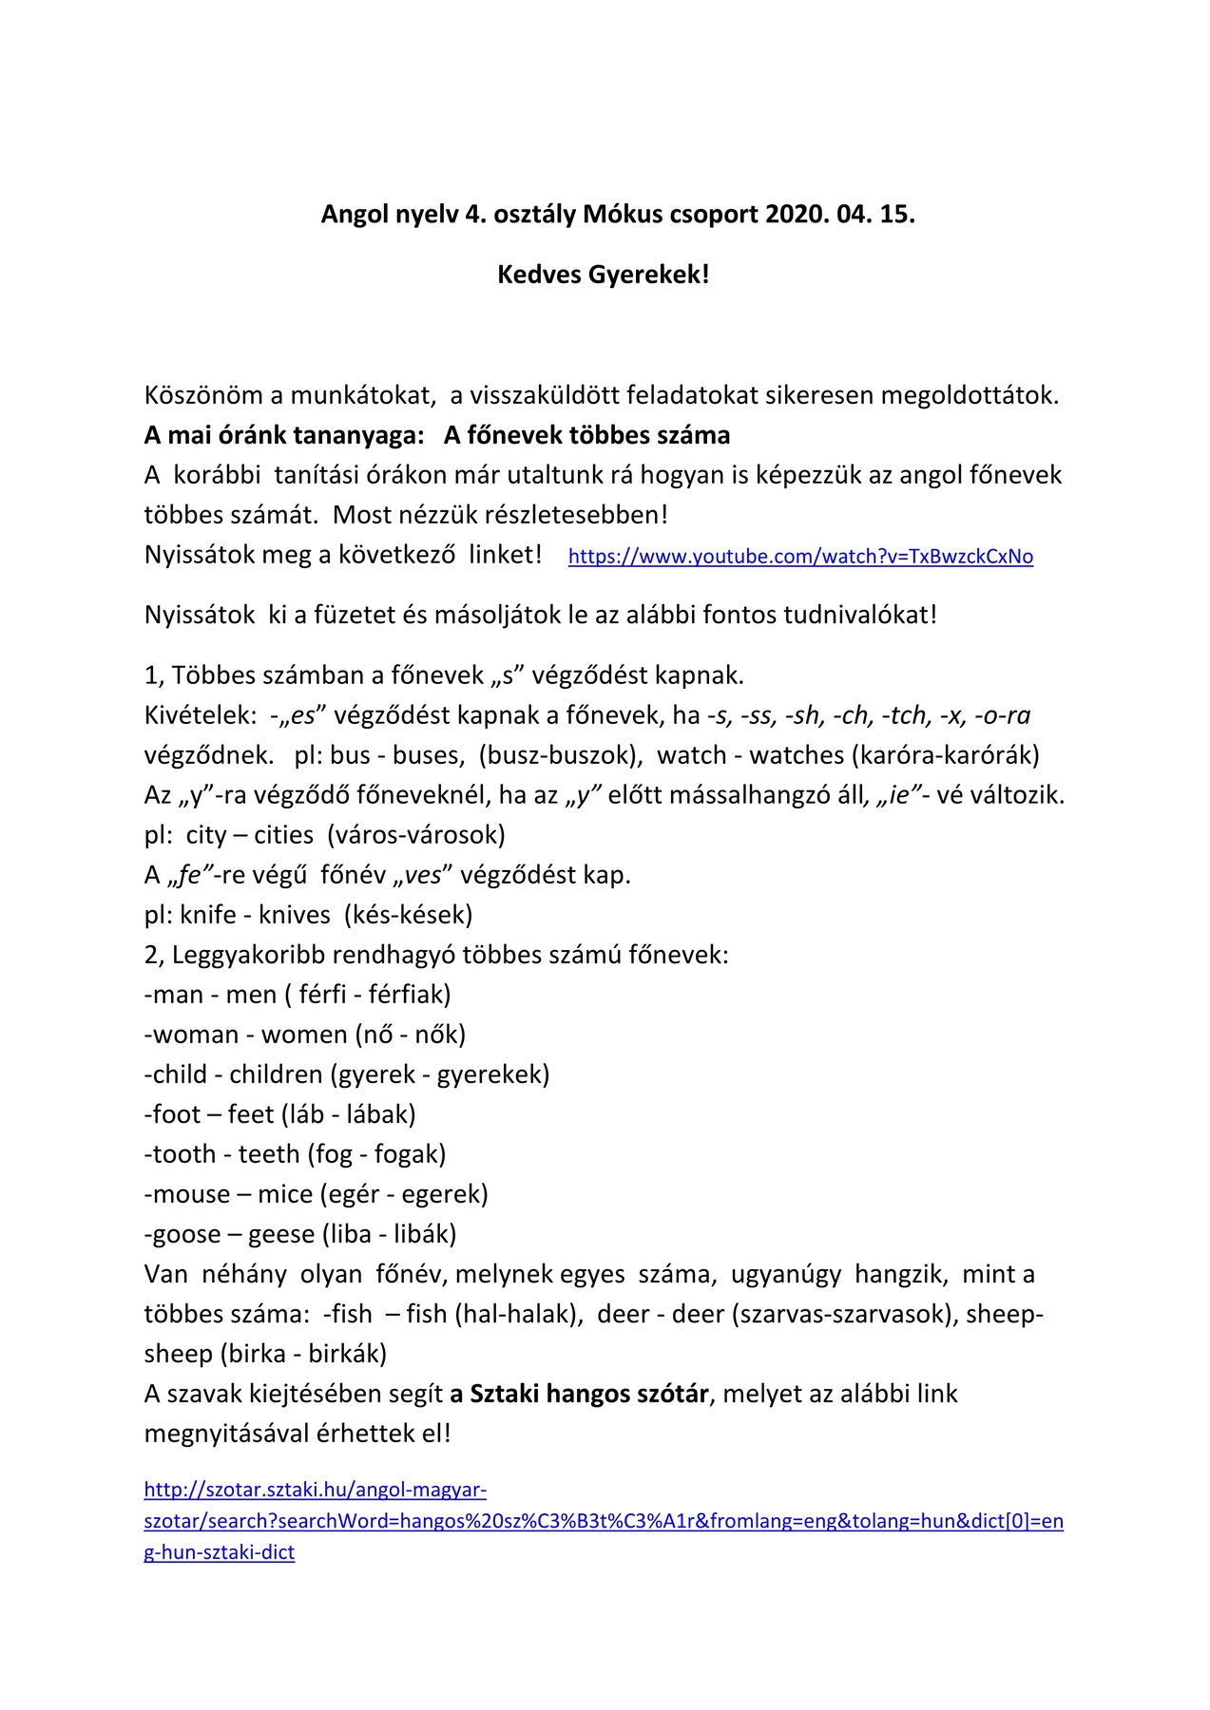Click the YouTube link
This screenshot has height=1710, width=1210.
[800, 557]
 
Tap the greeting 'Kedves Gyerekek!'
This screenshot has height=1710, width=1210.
[604, 275]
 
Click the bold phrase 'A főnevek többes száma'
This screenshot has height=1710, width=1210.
[586, 435]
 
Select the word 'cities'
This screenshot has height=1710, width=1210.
[283, 835]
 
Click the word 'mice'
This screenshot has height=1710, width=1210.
[285, 1194]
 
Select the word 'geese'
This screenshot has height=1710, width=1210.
[281, 1234]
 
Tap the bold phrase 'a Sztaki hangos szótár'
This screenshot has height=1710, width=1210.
[580, 1394]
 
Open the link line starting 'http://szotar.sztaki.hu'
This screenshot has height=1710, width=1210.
[316, 1490]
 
